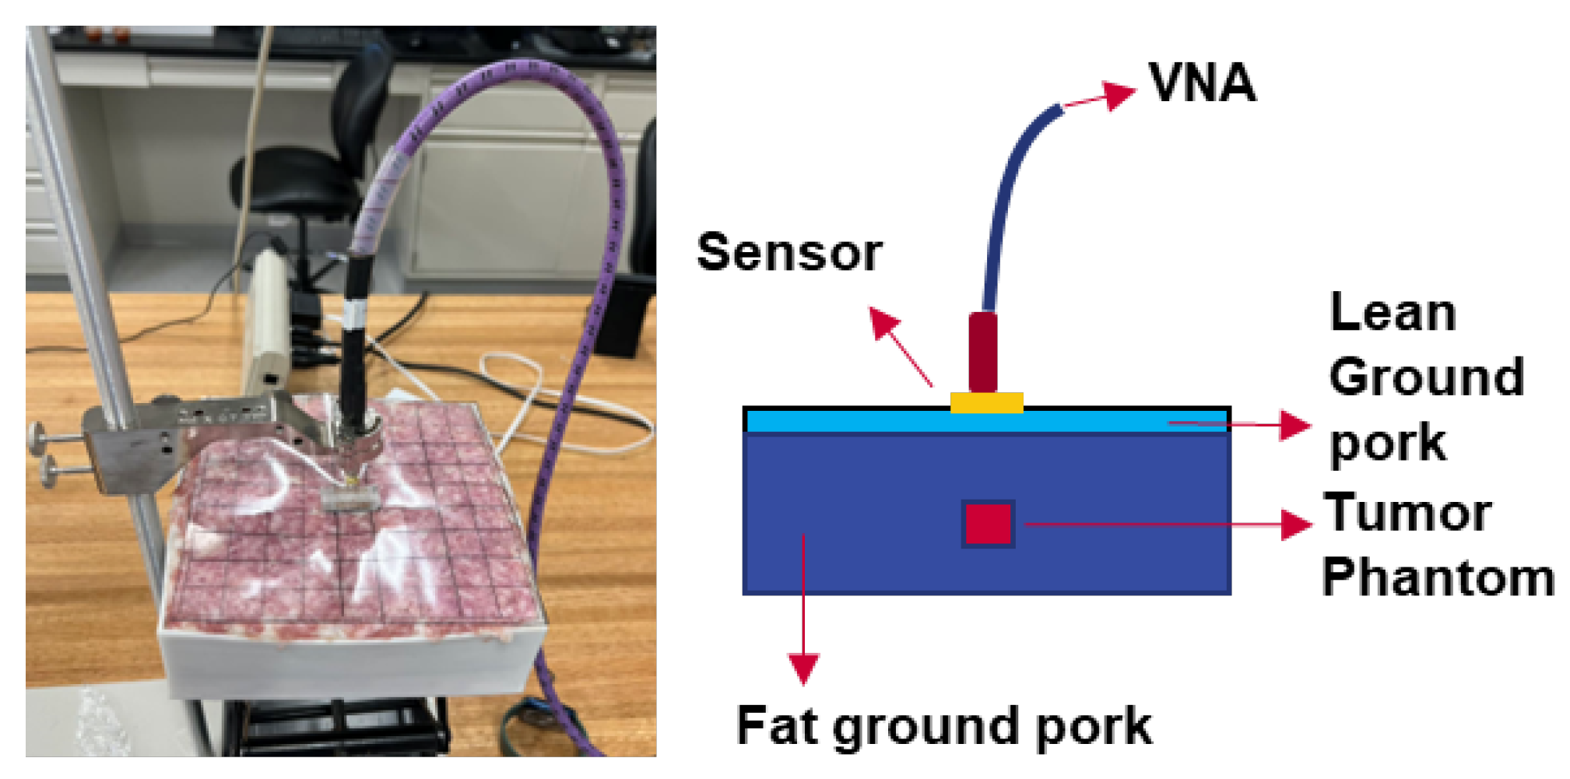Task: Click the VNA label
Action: tap(1202, 82)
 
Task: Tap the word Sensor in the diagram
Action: tap(789, 253)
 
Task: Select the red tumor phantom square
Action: tap(988, 524)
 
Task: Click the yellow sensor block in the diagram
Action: tap(986, 402)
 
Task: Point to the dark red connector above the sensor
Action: tap(982, 352)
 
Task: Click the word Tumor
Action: tap(1407, 513)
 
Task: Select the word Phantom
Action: tap(1438, 578)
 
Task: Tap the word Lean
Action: tap(1393, 313)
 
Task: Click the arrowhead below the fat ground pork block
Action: tap(803, 668)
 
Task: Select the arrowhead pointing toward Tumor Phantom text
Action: tap(1295, 525)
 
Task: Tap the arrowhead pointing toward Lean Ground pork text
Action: tap(1294, 426)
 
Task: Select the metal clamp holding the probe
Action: tap(195, 436)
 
